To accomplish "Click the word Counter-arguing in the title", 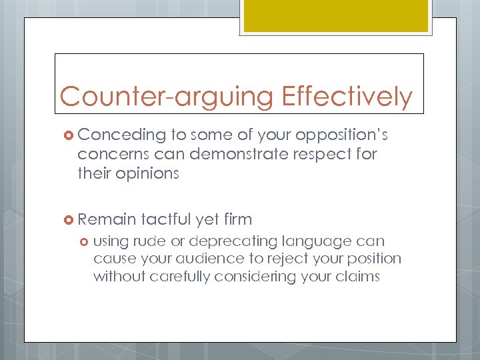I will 167,97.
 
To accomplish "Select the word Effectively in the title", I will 347,97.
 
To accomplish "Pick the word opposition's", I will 341,135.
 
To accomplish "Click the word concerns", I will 107,155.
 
